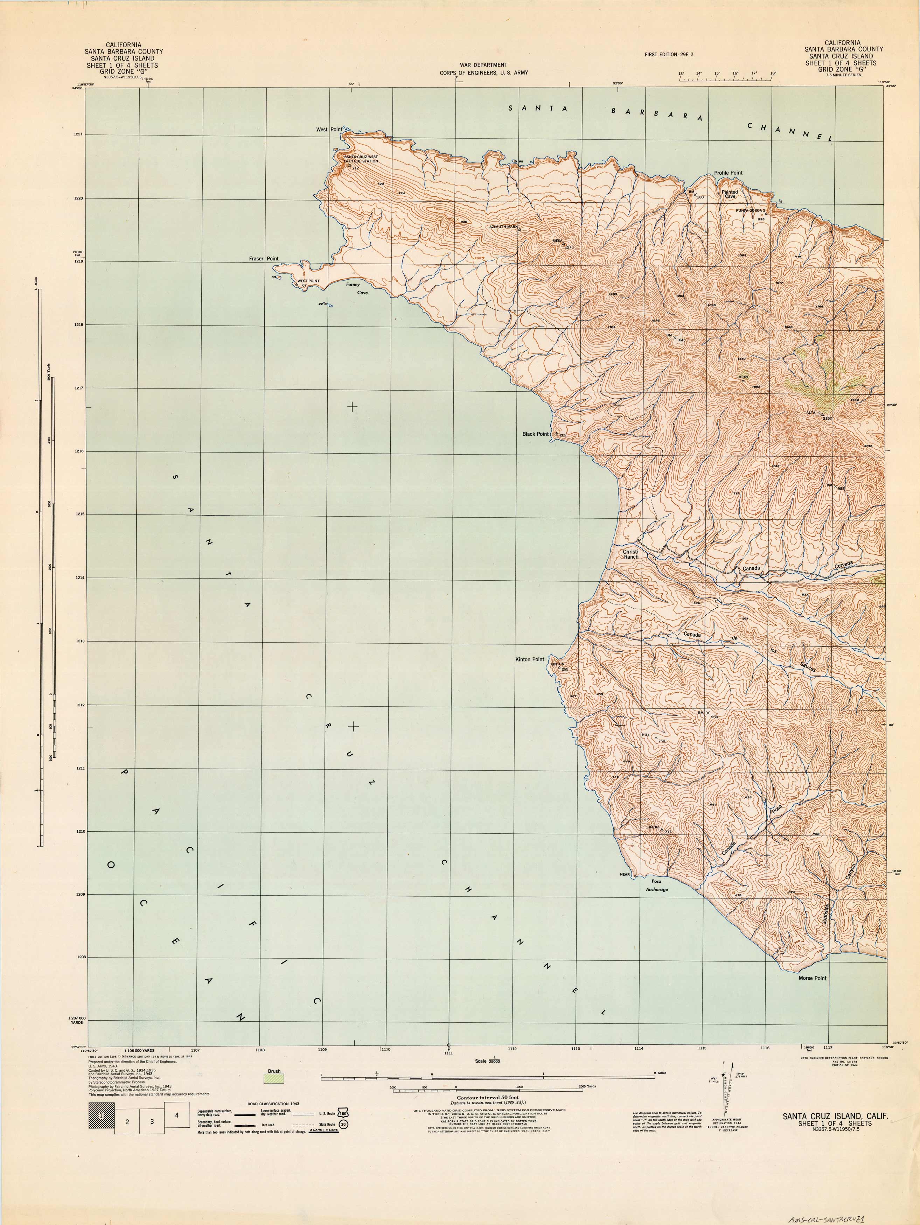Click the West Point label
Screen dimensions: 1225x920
(329, 129)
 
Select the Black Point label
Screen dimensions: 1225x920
(536, 434)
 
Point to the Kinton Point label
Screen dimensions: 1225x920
(530, 659)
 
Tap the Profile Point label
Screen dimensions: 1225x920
(728, 173)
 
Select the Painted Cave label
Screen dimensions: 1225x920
(730, 194)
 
